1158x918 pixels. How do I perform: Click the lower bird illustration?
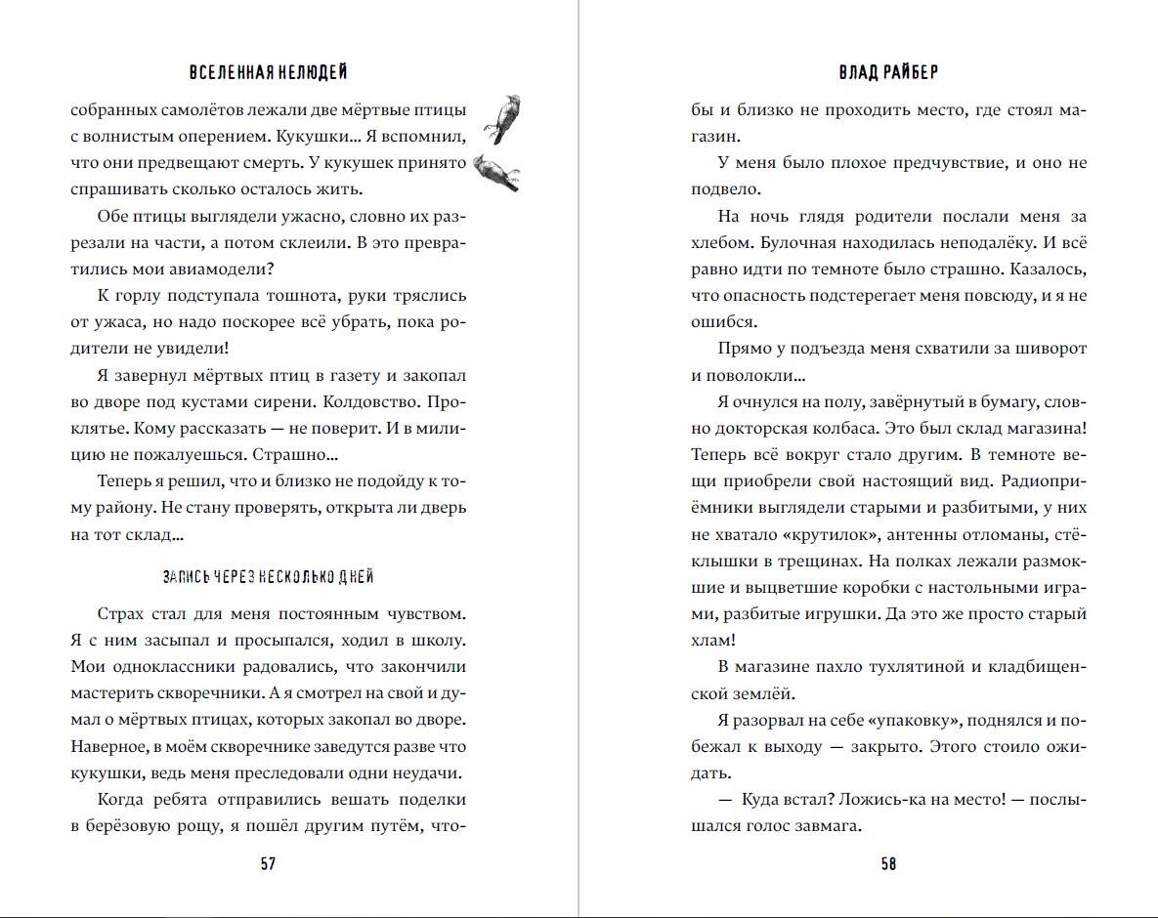click(497, 172)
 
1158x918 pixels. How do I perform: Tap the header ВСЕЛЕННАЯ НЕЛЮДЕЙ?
click(268, 73)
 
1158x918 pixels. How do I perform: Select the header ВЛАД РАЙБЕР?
click(887, 73)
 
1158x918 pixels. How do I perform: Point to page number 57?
click(268, 863)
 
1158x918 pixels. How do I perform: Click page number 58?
click(887, 863)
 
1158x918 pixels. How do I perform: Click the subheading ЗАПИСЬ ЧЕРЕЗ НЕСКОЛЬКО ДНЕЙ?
click(268, 577)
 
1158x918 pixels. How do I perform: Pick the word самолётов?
click(205, 110)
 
